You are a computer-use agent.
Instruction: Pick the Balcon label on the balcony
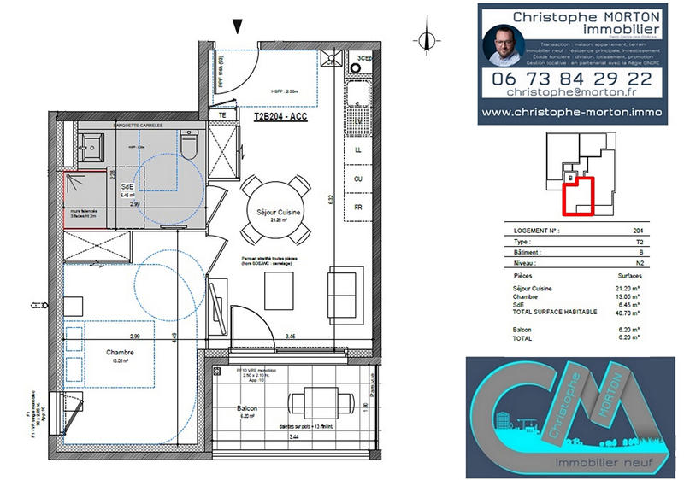[249, 409]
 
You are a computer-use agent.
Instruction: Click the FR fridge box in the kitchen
[358, 208]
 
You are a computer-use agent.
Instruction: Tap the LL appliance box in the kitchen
[358, 149]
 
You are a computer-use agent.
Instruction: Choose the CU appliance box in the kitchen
[358, 179]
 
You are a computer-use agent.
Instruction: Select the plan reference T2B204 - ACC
[281, 115]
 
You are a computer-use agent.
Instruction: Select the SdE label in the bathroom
[127, 187]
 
